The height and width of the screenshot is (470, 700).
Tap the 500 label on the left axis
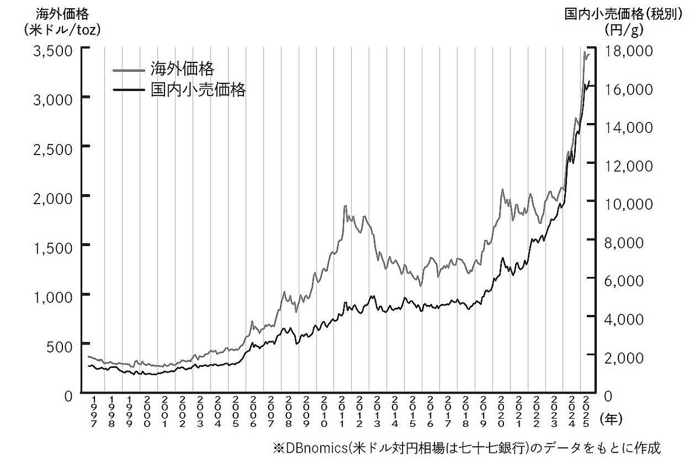click(61, 345)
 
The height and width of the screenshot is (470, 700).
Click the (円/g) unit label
click(624, 28)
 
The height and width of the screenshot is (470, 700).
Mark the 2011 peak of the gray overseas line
click(345, 206)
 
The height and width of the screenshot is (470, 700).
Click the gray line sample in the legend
click(128, 71)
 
